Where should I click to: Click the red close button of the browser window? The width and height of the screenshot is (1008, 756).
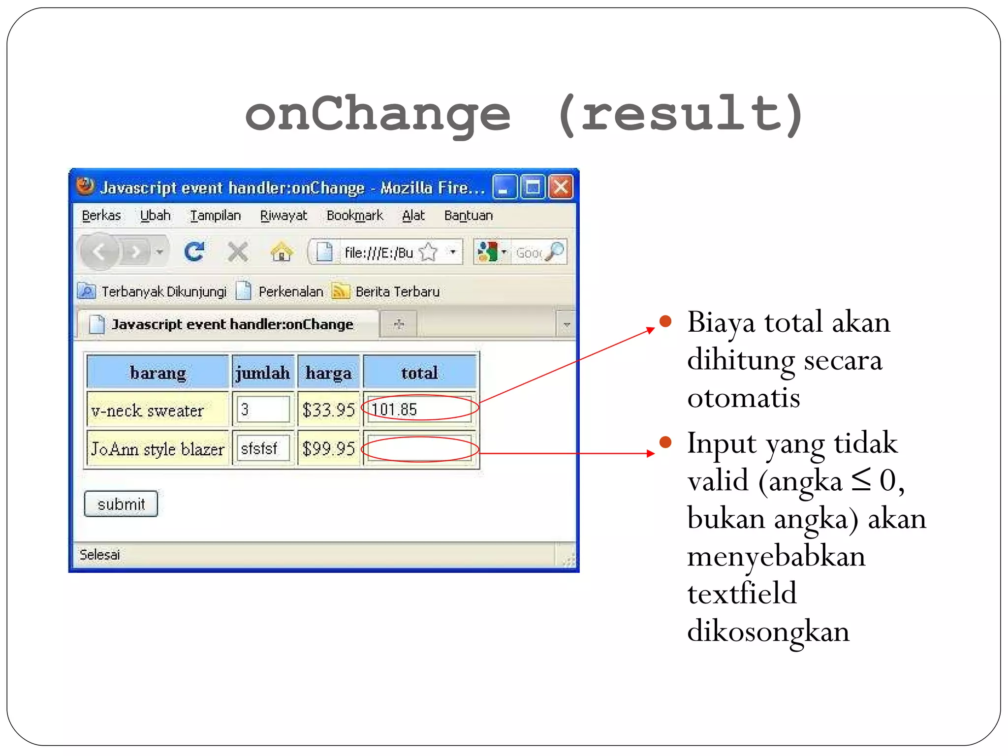coord(561,188)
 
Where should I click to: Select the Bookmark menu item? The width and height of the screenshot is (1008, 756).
coord(354,216)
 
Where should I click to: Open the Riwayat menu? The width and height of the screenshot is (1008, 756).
coord(283,216)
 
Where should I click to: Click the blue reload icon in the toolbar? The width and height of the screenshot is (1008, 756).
coord(194,252)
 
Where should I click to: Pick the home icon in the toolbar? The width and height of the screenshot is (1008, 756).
coord(282,252)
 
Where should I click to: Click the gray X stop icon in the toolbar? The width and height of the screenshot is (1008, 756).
coord(238,252)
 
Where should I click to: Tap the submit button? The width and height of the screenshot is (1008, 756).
coord(121,504)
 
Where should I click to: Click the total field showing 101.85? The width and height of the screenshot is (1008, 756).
coord(419,409)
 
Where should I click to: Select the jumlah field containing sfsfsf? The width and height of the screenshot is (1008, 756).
coord(263,448)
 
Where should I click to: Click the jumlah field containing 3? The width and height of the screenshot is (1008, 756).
coord(263,409)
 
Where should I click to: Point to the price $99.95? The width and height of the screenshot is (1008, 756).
coord(329,448)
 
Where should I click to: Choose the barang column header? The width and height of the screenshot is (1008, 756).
coord(158,373)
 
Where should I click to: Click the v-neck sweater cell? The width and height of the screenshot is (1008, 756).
coord(148,410)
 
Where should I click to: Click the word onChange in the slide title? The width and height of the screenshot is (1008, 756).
coord(378,114)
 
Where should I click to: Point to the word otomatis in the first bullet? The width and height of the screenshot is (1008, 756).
coord(744,398)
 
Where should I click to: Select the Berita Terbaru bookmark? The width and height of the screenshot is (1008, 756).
coord(397,291)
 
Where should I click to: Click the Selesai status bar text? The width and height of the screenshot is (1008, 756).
coord(99,555)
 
